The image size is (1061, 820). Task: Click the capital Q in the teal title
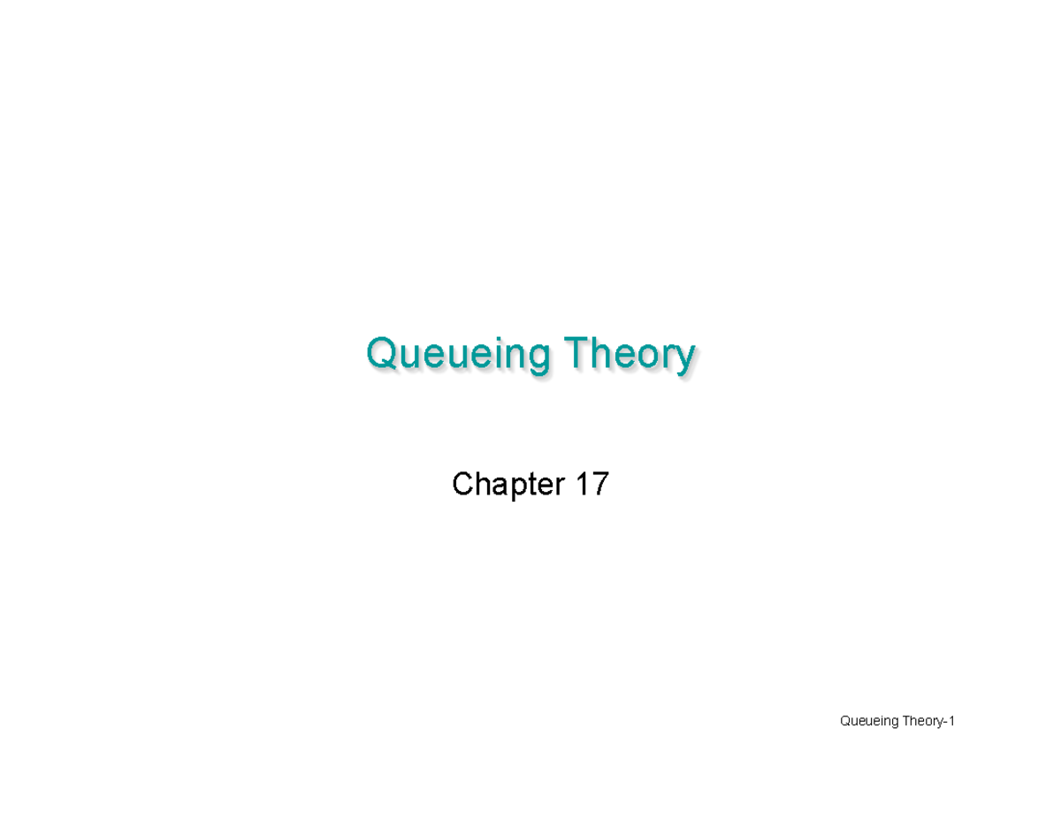click(x=380, y=353)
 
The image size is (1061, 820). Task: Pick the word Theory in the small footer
click(x=923, y=723)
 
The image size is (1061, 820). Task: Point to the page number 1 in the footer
click(x=951, y=722)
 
